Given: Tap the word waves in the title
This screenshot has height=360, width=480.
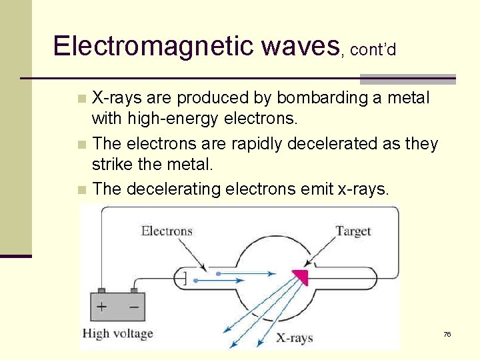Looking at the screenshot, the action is pos(301,46).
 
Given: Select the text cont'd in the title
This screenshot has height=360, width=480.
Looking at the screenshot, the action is pos(373,49).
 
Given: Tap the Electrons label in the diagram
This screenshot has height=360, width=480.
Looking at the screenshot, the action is pos(167,231).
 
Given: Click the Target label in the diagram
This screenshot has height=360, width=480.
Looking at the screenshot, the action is pos(353,231).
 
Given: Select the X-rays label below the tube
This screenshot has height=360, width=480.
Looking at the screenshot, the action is pos(295,337).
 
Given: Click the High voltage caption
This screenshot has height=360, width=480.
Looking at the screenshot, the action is pos(117,333).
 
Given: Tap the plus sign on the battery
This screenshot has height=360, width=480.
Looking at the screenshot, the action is pos(102,307).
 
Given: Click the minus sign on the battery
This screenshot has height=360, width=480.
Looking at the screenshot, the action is pos(134,307).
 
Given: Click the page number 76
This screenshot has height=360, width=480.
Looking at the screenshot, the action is pos(447,334).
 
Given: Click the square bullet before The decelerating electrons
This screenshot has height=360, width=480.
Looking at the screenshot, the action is pos(81,189).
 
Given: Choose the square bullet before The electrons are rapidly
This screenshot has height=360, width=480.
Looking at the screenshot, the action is pos(81,144).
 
